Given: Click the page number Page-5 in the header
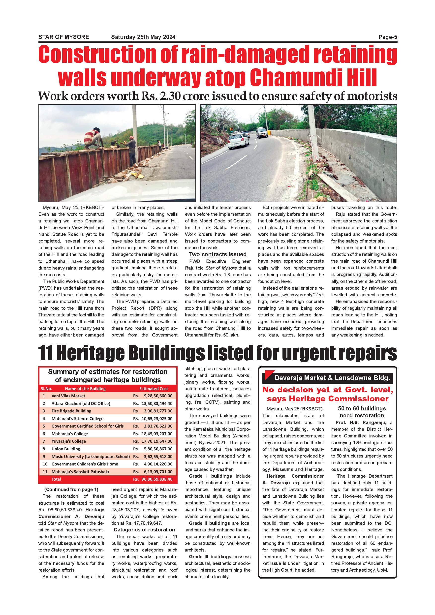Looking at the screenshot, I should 388,37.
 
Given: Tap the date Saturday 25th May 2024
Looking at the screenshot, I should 143,37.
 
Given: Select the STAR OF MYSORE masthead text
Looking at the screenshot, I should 64,37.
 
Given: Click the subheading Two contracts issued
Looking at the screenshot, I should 218,254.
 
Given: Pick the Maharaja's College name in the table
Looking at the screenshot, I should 70,434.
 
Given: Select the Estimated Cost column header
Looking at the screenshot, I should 154,388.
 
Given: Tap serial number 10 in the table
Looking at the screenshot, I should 45,464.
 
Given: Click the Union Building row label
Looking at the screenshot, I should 66,449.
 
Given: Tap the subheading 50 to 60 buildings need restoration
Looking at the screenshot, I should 362,412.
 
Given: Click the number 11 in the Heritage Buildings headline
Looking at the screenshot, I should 46,354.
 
